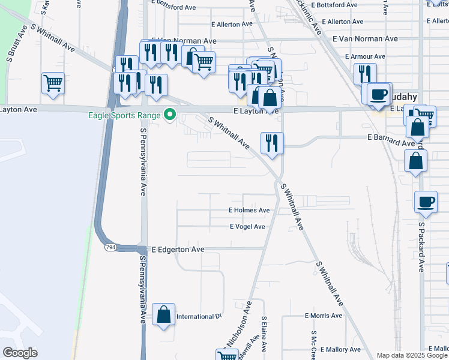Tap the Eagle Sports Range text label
[125, 115]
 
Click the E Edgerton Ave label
[178, 249]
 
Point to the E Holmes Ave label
[249, 211]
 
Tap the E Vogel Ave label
[247, 227]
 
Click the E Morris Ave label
[324, 316]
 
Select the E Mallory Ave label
[341, 349]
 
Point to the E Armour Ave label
[365, 56]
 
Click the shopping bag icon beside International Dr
[163, 314]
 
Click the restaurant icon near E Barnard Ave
[272, 142]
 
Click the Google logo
[20, 353]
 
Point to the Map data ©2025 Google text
[412, 355]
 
